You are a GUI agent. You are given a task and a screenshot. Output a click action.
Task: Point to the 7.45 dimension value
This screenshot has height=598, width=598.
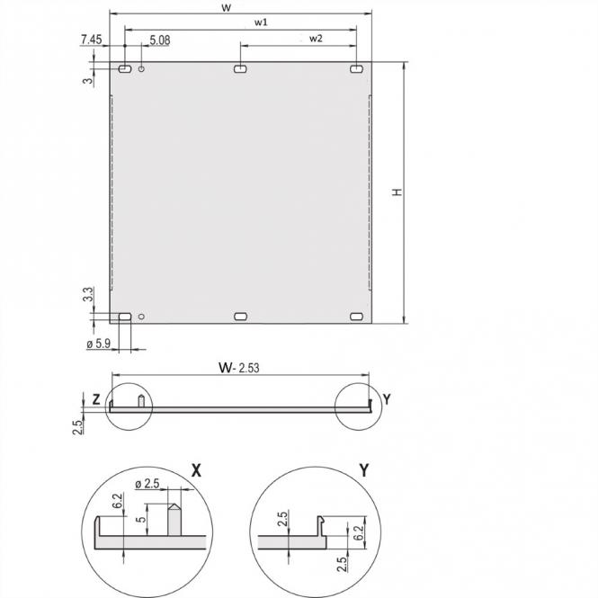[x=91, y=40]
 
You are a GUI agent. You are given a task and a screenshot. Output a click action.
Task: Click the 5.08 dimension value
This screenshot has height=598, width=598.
[x=160, y=40]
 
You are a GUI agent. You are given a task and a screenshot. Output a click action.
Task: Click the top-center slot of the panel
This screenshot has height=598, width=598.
[x=240, y=68]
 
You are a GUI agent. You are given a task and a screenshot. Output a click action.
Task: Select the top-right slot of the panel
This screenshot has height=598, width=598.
[x=357, y=68]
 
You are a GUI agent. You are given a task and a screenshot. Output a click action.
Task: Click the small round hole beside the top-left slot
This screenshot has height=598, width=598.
[x=142, y=69]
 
